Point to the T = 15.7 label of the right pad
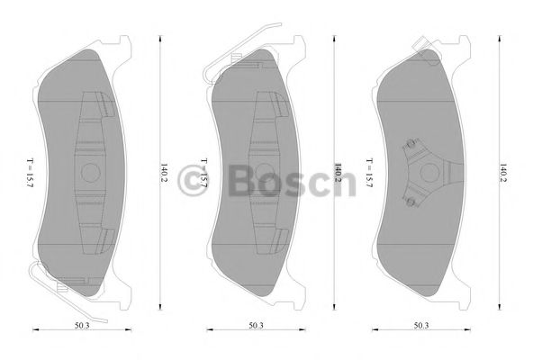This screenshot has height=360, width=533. [369, 171]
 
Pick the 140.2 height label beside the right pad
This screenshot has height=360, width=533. [502, 171]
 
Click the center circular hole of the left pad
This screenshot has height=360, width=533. [90, 171]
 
